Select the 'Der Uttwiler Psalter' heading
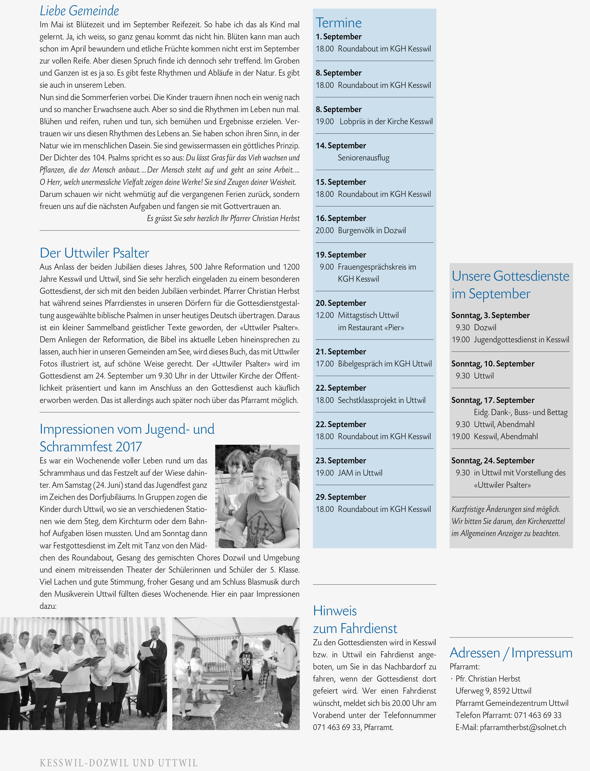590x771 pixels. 94,253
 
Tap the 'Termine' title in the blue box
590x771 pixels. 339,23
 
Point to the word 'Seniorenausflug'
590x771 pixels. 363,158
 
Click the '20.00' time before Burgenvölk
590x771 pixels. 325,230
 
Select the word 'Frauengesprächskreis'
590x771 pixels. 372,267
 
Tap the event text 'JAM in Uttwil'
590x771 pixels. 360,473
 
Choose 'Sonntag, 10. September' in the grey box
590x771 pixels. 493,364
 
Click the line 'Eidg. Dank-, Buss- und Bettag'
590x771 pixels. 520,412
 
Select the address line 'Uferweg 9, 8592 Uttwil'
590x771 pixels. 493,691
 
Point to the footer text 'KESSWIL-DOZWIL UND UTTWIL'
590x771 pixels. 119,763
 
